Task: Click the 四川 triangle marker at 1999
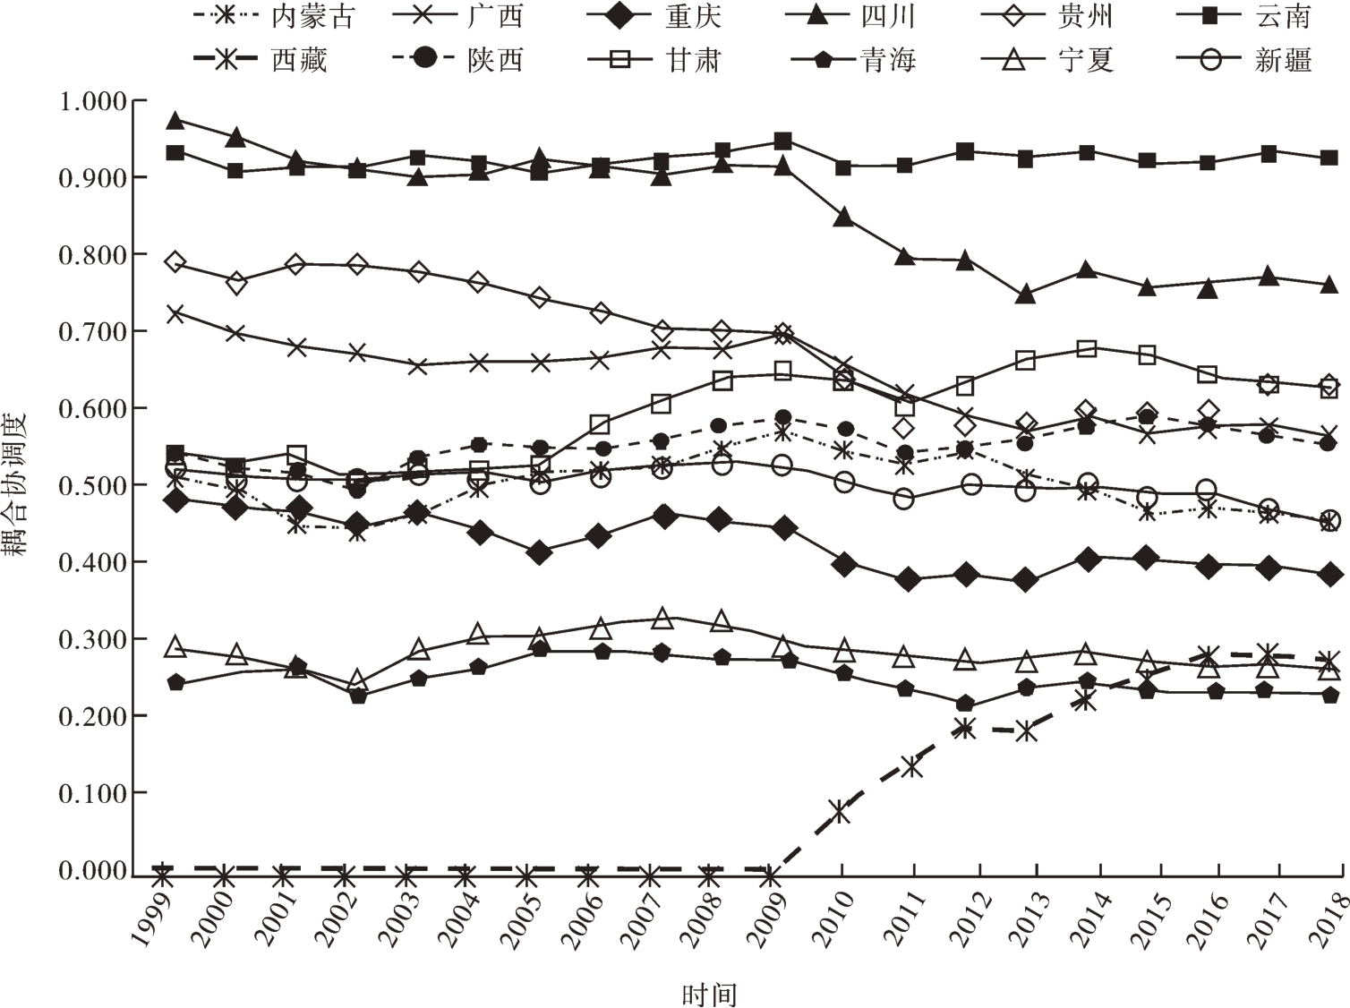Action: (x=175, y=120)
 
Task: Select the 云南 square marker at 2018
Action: (x=1329, y=158)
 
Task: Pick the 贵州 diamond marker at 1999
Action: (x=175, y=262)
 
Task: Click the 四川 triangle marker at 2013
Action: (x=1026, y=295)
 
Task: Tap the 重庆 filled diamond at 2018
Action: (x=1329, y=575)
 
